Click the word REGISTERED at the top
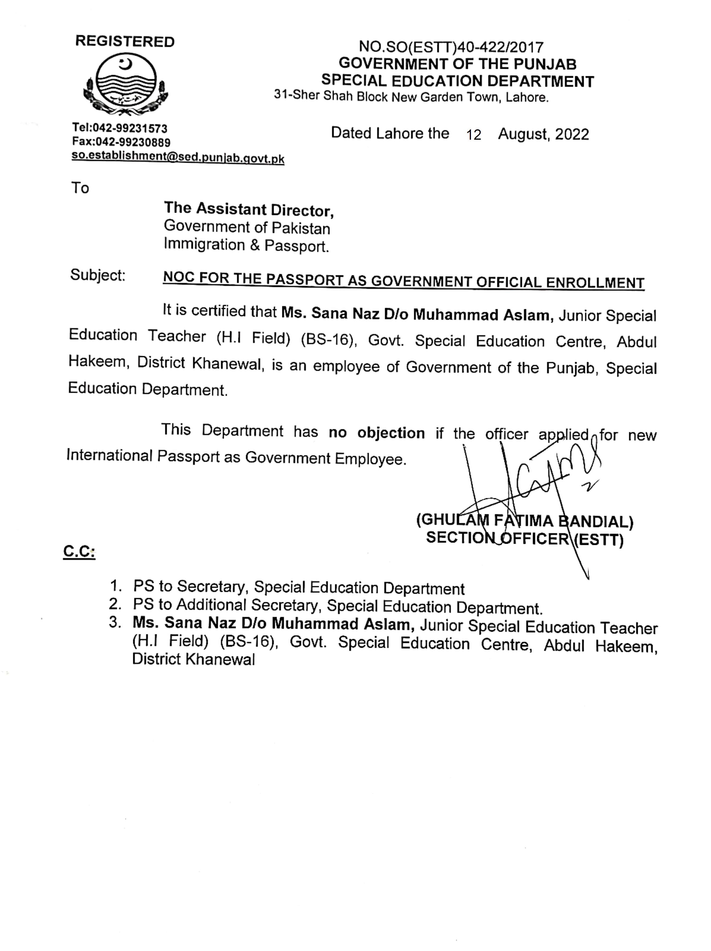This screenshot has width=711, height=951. point(125,42)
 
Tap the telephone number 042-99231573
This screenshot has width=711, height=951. point(131,128)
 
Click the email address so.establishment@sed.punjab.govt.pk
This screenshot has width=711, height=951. point(177,157)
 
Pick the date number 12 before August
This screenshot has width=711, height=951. point(473,135)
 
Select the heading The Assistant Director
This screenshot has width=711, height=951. point(248,209)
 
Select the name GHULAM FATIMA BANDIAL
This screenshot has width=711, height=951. point(524,521)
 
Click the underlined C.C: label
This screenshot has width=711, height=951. point(79,552)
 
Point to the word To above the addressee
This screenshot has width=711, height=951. point(80,188)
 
